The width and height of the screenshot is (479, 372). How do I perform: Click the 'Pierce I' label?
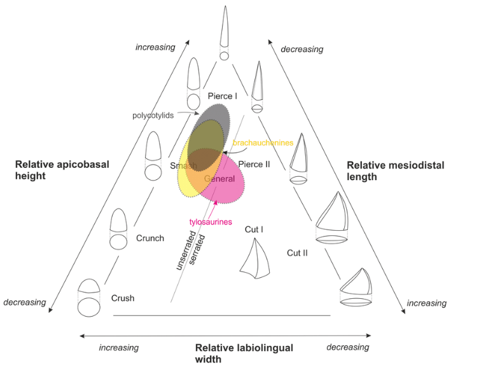tap(223, 96)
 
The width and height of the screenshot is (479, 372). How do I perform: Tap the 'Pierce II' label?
tap(254, 164)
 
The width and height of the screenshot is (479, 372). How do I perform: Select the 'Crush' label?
tap(123, 298)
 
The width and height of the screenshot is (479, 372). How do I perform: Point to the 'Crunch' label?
tap(150, 238)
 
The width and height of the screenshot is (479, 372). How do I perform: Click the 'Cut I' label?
tap(254, 229)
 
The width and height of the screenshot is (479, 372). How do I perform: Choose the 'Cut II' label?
tap(297, 253)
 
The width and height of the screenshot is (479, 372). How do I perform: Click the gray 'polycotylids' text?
tap(153, 116)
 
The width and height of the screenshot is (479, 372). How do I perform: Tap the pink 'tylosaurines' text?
tap(211, 222)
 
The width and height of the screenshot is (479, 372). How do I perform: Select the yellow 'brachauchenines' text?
tap(263, 143)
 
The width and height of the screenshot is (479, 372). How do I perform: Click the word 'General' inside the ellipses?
tap(219, 179)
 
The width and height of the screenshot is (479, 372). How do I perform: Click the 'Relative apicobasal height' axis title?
tap(62, 170)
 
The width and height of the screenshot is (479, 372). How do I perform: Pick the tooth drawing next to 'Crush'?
tap(89, 297)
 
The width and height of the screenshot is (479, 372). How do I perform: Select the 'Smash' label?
tap(183, 166)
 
